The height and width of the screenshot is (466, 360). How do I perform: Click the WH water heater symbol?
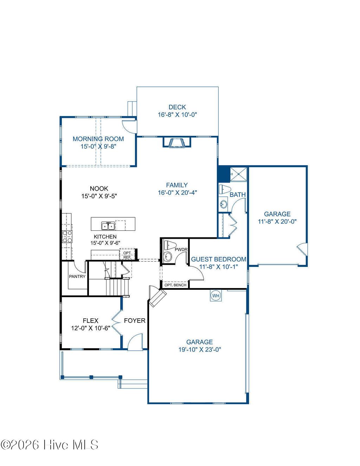216,296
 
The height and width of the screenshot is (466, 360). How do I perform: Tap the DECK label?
177,107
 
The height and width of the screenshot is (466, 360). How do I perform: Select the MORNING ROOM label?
98,139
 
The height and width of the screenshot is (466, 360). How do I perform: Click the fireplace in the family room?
176,142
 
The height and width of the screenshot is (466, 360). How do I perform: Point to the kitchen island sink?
108,225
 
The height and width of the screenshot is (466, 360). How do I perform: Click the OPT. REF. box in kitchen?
127,255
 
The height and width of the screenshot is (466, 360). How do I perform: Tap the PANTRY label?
77,276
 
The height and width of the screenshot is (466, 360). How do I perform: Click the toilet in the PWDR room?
171,245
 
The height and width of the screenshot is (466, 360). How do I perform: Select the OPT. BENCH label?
175,285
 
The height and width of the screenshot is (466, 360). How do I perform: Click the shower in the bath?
238,174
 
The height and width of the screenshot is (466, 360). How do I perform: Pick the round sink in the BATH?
223,204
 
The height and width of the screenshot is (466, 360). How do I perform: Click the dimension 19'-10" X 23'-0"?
199,350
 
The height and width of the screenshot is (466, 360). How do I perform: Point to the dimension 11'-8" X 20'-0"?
277,222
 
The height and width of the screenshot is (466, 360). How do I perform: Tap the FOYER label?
135,320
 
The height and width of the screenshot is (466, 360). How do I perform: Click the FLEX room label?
90,320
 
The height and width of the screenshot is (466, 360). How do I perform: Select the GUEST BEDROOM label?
218,259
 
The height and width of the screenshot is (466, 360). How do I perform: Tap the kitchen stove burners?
67,237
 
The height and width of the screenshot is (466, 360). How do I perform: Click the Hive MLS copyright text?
49,445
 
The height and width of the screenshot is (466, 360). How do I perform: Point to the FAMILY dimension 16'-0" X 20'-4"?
177,193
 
